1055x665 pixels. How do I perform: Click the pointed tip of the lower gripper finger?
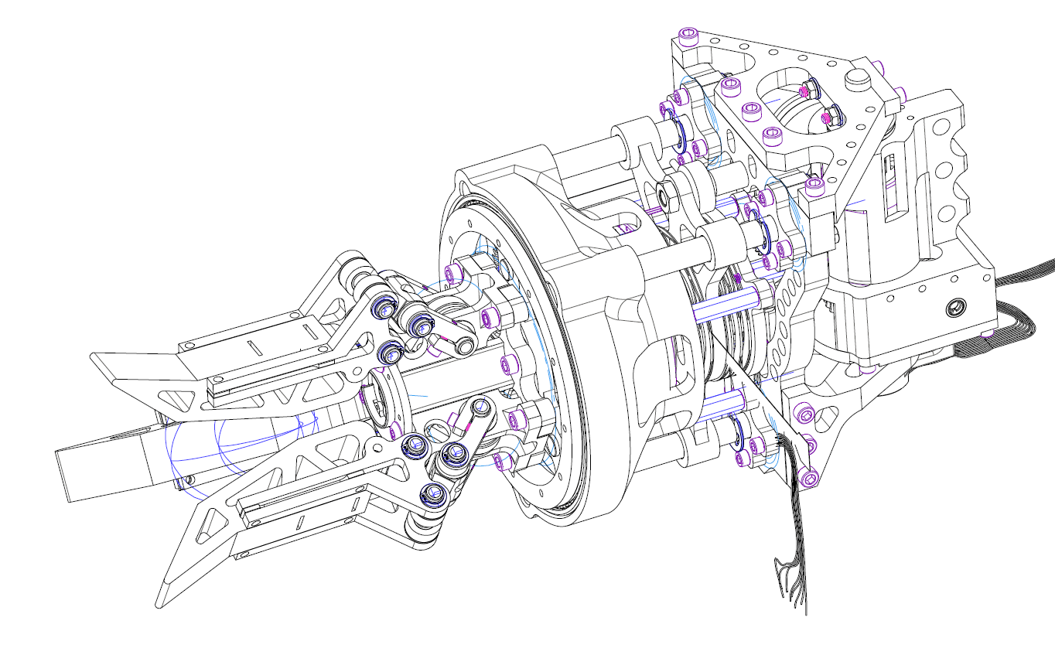coord(161,602)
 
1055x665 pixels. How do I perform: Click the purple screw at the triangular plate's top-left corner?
coord(687,36)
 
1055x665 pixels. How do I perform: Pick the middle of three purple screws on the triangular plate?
coord(749,110)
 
